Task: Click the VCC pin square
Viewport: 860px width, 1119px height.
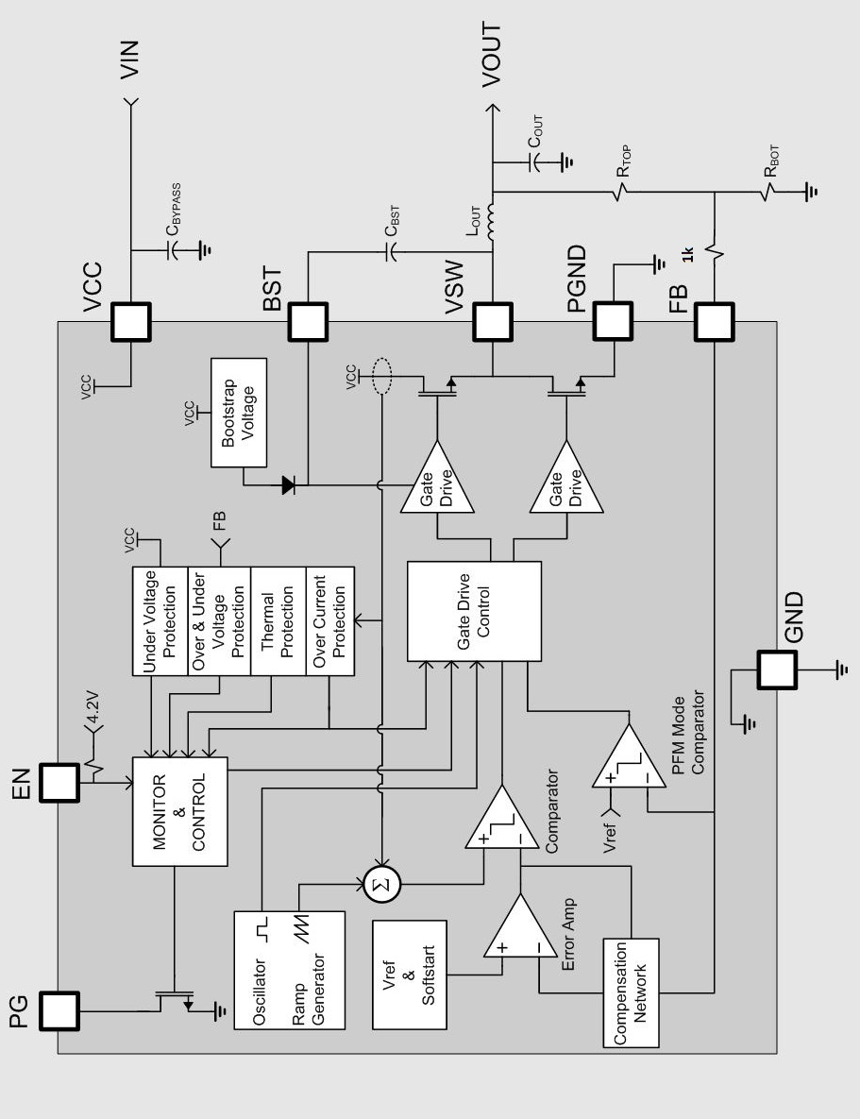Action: click(x=130, y=321)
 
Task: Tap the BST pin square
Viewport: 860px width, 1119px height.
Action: click(x=308, y=321)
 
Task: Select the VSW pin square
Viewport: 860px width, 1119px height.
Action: click(x=493, y=321)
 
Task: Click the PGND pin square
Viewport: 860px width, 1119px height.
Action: click(x=613, y=321)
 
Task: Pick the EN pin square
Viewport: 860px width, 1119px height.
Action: click(x=59, y=782)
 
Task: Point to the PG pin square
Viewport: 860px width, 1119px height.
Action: click(x=59, y=1010)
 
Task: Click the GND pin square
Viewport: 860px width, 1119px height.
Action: click(x=777, y=670)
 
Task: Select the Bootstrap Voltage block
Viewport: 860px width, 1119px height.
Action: click(x=239, y=414)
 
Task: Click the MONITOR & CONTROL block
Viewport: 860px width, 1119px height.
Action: click(x=180, y=811)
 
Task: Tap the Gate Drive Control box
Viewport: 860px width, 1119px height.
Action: click(x=474, y=612)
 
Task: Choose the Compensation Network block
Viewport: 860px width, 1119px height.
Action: click(x=631, y=992)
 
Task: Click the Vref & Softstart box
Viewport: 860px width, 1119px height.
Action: click(x=410, y=975)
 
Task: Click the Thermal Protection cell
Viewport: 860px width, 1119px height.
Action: click(x=278, y=620)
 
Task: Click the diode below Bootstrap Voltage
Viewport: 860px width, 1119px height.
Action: click(x=289, y=485)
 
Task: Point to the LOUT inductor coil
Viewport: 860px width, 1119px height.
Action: click(x=491, y=221)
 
